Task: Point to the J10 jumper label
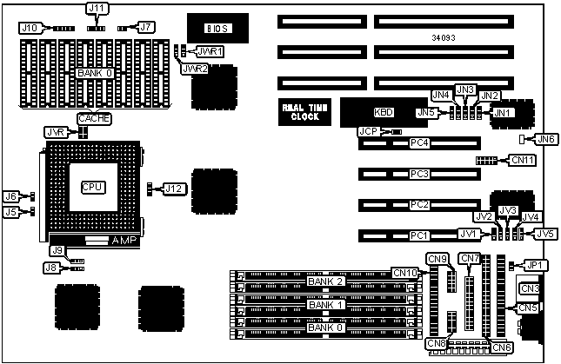click(30, 28)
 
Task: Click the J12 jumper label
click(174, 189)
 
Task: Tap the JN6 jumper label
click(545, 138)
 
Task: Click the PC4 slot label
click(420, 142)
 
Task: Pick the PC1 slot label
click(420, 235)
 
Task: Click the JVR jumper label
click(55, 132)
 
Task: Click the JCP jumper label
click(368, 131)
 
